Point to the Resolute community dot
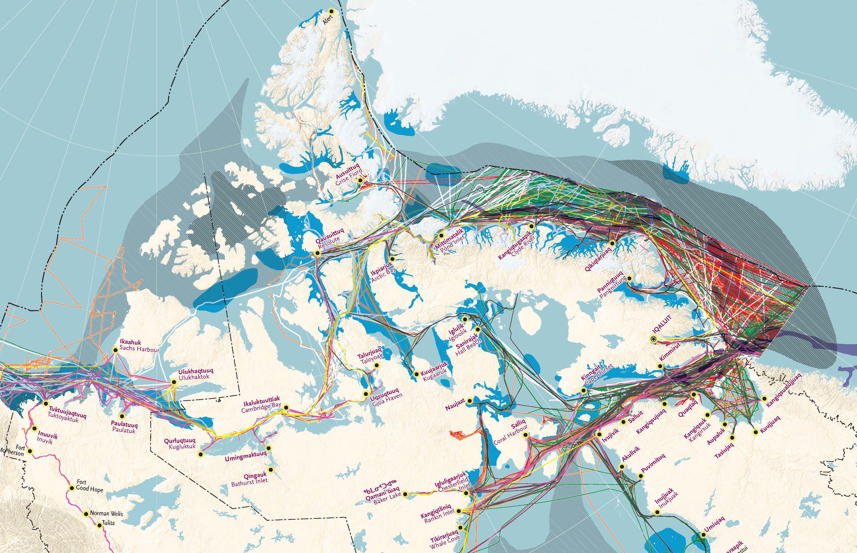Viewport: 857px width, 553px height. (317, 253)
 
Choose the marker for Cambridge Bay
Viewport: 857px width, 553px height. (286, 407)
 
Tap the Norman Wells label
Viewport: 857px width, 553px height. (106, 513)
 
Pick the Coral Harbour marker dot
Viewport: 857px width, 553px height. (526, 435)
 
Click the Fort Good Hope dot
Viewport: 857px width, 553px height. (72, 488)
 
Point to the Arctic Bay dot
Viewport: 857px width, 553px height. (392, 258)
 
